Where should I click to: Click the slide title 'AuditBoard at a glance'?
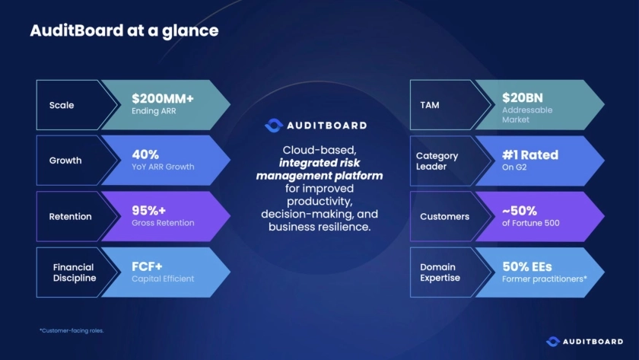124,31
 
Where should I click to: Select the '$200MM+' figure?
163,98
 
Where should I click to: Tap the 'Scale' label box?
62,105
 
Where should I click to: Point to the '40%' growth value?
145,154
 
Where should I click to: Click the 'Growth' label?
65,161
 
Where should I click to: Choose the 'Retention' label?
70,216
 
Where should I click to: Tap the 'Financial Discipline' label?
74,272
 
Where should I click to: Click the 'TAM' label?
430,105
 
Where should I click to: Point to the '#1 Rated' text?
530,155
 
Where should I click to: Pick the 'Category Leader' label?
437,161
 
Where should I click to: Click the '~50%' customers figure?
520,209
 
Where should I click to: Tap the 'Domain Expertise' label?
439,272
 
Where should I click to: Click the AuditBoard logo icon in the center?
273,126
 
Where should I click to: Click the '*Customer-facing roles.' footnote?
72,330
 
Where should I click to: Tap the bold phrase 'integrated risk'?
319,163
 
